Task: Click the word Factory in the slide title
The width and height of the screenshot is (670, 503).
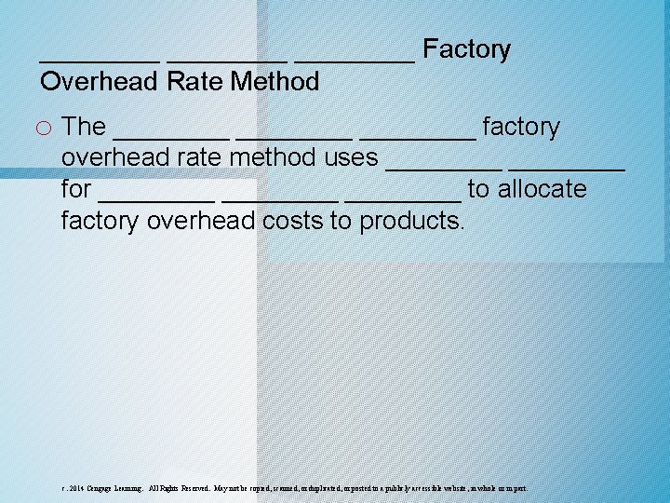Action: pos(466,49)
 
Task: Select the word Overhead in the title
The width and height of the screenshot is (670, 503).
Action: pos(100,82)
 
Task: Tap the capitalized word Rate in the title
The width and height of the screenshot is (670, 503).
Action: pos(195,82)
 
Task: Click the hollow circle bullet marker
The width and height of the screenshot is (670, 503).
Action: pos(47,127)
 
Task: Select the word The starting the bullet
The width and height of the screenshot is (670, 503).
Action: pos(83,127)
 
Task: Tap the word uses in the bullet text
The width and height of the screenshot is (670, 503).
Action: pos(351,157)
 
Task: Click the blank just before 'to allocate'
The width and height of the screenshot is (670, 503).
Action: pos(402,197)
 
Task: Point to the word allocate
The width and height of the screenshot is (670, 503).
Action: pos(544,189)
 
